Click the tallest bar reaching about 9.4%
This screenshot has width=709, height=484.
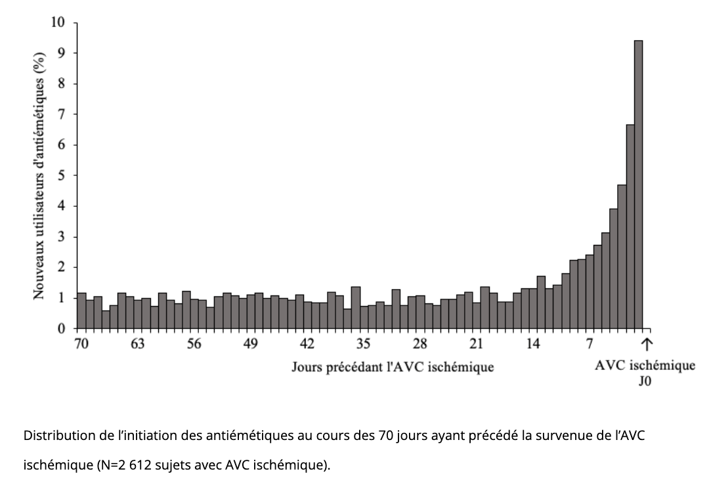click(x=638, y=184)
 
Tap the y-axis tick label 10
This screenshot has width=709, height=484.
click(x=59, y=23)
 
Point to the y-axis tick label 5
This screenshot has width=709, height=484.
click(x=62, y=175)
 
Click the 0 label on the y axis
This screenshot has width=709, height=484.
click(x=62, y=328)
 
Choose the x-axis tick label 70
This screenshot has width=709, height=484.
click(x=81, y=343)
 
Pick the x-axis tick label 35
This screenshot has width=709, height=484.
click(x=364, y=343)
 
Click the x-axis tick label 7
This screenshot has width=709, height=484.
click(x=590, y=343)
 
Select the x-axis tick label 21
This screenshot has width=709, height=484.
click(x=477, y=343)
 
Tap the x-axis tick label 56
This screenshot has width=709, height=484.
click(x=194, y=343)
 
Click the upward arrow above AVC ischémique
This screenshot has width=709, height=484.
click(x=647, y=343)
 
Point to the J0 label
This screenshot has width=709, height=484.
click(x=645, y=381)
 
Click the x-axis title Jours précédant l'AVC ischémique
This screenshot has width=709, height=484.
click(x=393, y=367)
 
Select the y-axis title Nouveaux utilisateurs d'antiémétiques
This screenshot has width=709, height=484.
click(x=39, y=176)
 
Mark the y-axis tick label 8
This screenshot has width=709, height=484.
click(x=62, y=84)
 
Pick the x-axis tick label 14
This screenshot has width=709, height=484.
click(x=533, y=343)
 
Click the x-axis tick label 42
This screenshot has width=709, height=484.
click(x=307, y=343)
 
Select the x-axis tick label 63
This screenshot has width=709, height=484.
click(x=138, y=343)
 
